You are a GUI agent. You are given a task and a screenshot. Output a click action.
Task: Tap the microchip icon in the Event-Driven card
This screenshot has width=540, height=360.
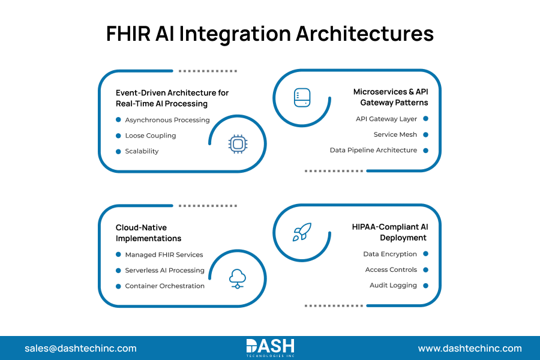pyautogui.click(x=238, y=144)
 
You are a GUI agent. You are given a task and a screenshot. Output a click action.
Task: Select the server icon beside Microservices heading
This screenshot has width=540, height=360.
pyautogui.click(x=302, y=98)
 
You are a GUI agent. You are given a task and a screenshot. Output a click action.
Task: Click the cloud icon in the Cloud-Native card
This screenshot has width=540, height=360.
pyautogui.click(x=238, y=278)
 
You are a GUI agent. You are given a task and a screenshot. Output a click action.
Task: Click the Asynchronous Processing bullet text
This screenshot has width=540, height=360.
pyautogui.click(x=167, y=120)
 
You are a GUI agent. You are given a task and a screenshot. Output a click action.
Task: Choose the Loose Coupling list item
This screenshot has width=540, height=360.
pyautogui.click(x=151, y=136)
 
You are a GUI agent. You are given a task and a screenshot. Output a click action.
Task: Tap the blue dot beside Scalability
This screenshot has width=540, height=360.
pyautogui.click(x=118, y=151)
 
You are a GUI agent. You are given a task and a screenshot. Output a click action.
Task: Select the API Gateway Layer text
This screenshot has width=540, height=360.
pyautogui.click(x=386, y=119)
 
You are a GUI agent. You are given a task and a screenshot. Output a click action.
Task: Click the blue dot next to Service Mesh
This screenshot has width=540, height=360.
pyautogui.click(x=425, y=134)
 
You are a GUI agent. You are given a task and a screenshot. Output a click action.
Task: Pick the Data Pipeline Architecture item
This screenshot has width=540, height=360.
pyautogui.click(x=373, y=150)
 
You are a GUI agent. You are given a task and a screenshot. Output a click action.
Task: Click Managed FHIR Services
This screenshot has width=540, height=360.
pyautogui.click(x=164, y=255)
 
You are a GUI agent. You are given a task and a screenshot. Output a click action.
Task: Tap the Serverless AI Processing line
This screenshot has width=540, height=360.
pyautogui.click(x=164, y=271)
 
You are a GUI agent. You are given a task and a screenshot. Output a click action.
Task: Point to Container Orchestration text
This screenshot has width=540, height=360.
pyautogui.click(x=164, y=286)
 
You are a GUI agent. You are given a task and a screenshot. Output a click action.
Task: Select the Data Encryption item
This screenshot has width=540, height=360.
pyautogui.click(x=390, y=254)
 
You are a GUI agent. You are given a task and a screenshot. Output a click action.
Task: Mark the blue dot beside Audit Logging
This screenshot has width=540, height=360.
pyautogui.click(x=425, y=286)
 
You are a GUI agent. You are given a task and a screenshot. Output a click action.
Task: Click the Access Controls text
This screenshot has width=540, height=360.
pyautogui.click(x=391, y=270)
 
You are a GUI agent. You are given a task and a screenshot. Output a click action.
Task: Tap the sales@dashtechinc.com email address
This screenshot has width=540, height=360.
pyautogui.click(x=80, y=349)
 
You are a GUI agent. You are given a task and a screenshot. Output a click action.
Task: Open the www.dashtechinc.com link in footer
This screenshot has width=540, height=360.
pyautogui.click(x=470, y=349)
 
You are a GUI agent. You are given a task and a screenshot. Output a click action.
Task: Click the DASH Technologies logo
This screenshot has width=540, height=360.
pyautogui.click(x=270, y=347)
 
